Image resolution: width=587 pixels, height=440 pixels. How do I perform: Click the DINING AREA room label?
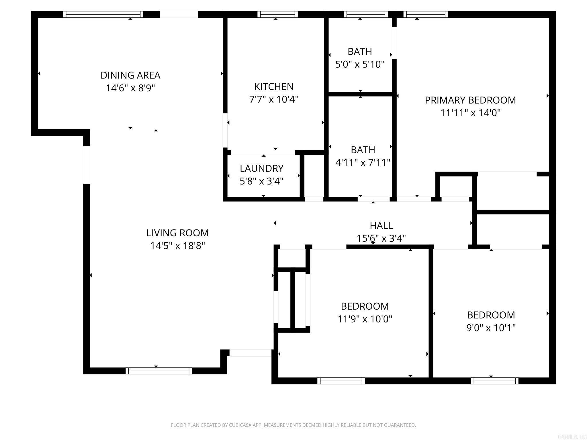coord(130,75)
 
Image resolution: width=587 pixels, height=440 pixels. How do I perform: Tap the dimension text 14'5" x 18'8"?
coord(177,246)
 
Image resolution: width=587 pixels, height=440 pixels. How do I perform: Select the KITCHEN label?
coord(274,87)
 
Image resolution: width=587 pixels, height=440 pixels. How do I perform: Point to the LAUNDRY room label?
coord(261,168)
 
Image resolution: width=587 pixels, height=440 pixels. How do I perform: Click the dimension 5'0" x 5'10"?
coord(360,64)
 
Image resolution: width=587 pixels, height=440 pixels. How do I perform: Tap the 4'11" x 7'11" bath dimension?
coord(363,163)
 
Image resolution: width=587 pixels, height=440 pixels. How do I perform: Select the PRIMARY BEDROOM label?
coord(470,100)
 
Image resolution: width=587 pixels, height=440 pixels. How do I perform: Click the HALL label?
coord(381,226)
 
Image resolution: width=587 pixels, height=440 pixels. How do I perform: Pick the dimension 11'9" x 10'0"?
coord(365,319)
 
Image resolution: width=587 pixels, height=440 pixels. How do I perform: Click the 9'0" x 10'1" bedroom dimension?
coord(491,328)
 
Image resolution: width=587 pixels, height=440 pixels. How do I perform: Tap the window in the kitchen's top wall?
coord(277,14)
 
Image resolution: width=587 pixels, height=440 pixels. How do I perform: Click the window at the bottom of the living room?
coord(159,371)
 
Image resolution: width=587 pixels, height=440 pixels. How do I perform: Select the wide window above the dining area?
coord(103,14)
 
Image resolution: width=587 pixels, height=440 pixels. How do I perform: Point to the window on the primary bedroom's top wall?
coord(425,14)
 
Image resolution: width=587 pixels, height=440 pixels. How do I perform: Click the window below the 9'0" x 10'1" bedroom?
coord(494,381)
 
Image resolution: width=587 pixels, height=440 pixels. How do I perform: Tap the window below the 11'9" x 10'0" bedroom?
coord(341,381)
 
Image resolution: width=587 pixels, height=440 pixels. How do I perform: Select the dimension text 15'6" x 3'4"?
coord(381,238)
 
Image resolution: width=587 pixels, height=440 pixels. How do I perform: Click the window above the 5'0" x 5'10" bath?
coord(365,14)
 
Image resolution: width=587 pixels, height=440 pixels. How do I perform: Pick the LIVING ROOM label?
coord(177,233)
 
